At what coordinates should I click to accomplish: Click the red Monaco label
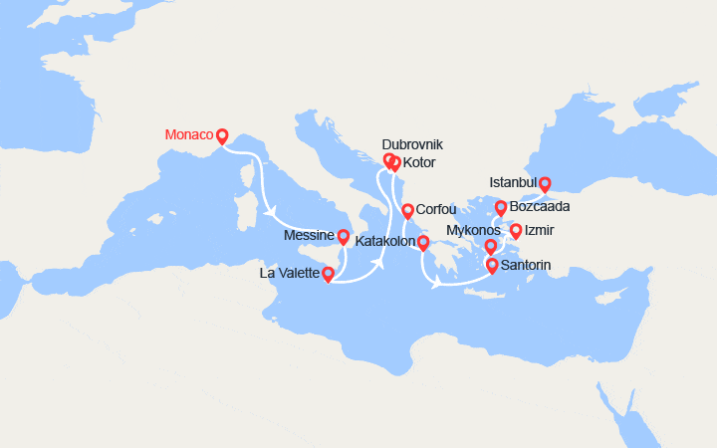188,134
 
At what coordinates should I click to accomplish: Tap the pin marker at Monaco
222,136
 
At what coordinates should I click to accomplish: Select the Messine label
309,235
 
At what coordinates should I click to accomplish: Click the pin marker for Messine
344,237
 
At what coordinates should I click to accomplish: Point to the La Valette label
289,272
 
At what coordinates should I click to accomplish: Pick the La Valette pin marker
328,273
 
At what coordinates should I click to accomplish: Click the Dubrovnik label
413,144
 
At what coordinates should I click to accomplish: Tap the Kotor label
419,162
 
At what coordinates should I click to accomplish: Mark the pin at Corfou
407,211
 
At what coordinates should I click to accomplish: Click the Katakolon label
382,242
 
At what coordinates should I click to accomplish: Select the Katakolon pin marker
422,243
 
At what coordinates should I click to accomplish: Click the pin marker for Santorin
491,266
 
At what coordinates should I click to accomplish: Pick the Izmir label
541,231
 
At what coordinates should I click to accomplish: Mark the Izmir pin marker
516,232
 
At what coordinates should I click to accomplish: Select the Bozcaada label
539,207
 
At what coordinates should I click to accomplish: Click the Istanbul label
513,183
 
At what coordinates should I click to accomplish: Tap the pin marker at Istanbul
545,183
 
